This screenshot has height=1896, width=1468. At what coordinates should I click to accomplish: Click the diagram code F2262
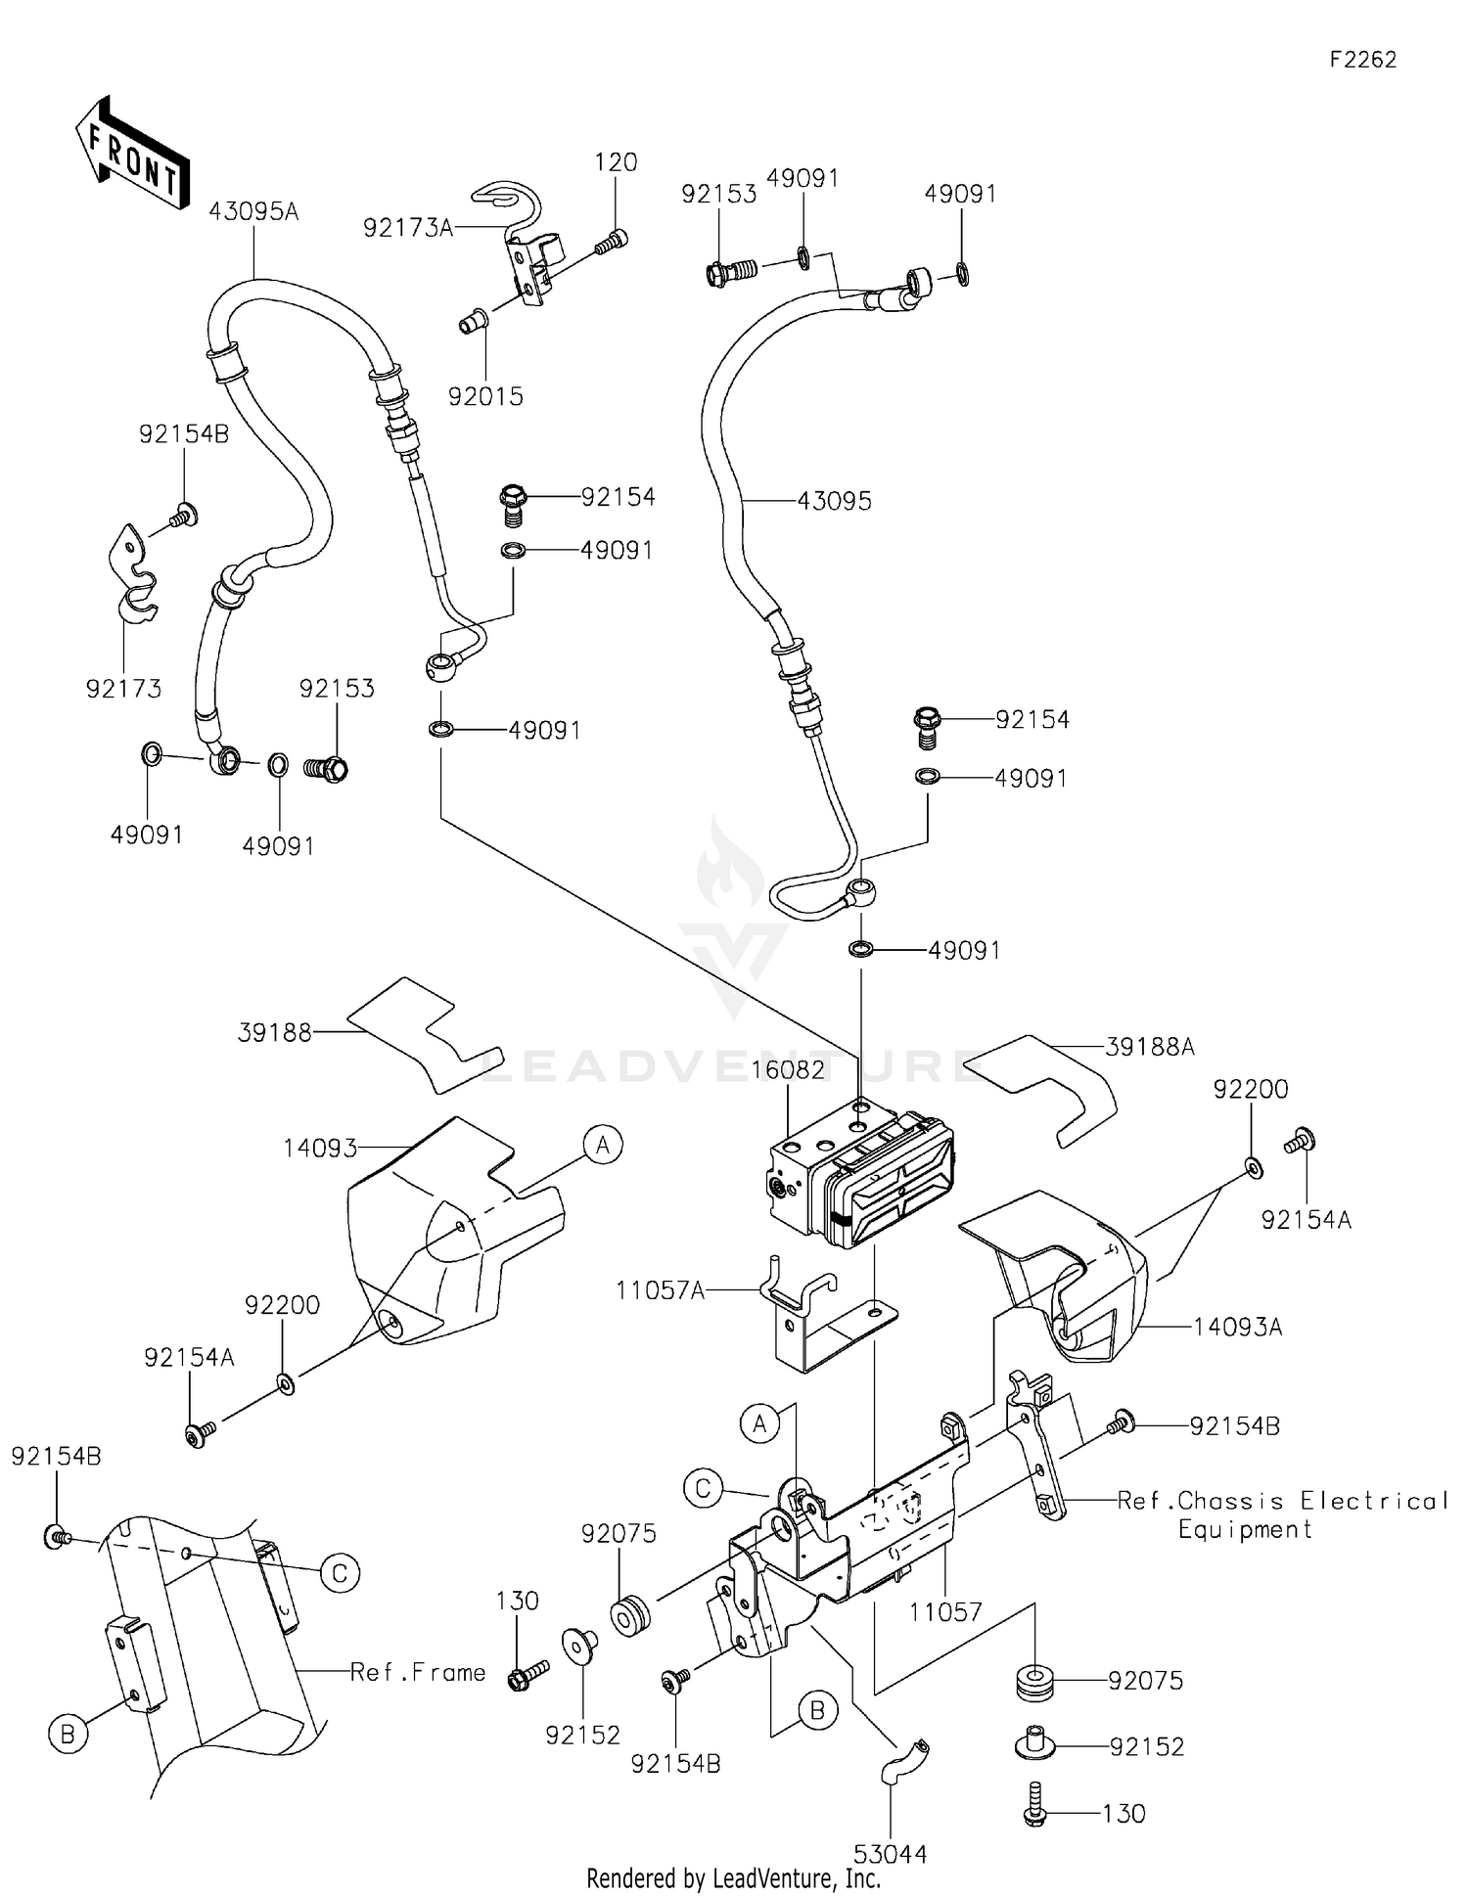click(1362, 60)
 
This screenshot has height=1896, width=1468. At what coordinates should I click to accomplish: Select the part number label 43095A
click(253, 211)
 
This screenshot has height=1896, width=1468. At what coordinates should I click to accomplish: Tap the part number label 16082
click(788, 1070)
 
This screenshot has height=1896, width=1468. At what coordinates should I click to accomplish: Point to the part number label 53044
click(890, 1854)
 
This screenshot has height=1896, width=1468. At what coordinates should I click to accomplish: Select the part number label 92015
click(485, 396)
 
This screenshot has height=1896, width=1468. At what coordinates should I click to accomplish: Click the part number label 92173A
click(408, 228)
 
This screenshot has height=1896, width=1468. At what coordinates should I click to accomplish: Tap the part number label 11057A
click(660, 1290)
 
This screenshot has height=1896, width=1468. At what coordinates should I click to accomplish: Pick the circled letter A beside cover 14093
click(603, 1144)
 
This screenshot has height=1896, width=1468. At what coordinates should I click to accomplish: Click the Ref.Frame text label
click(418, 1673)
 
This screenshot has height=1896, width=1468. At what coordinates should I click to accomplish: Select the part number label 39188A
click(1150, 1047)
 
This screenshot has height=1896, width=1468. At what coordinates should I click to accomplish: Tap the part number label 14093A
click(1237, 1328)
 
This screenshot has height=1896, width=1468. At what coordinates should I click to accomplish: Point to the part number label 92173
click(123, 689)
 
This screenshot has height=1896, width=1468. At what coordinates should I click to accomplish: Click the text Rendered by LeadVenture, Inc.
click(733, 1878)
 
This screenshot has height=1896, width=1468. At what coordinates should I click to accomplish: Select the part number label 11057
click(945, 1611)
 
